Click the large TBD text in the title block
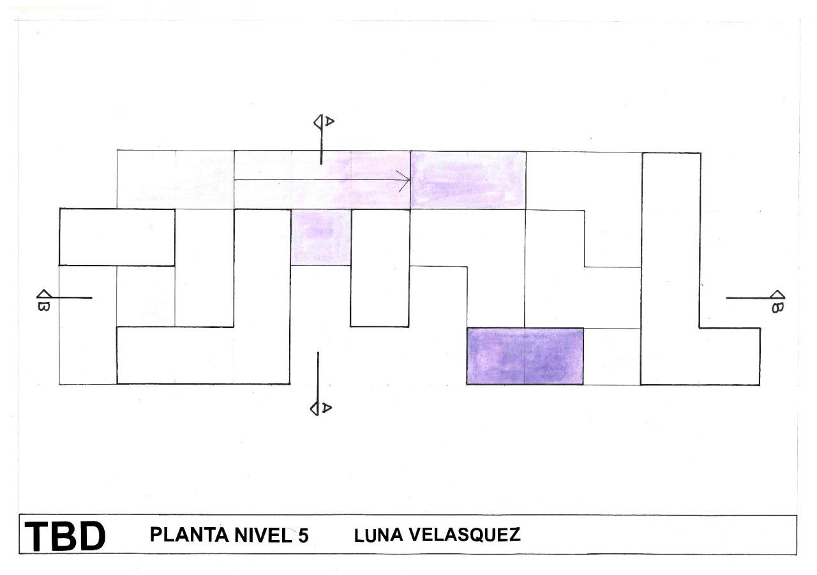coord(65,536)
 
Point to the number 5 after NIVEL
coord(303,535)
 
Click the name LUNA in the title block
coord(377,534)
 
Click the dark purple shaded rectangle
coord(525,356)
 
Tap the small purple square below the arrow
coord(320,237)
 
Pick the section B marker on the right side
coord(777,301)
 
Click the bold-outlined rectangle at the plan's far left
coord(117,237)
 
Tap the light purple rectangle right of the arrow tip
coord(468,180)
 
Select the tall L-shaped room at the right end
coord(671,268)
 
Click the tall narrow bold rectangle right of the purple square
coord(380,268)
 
